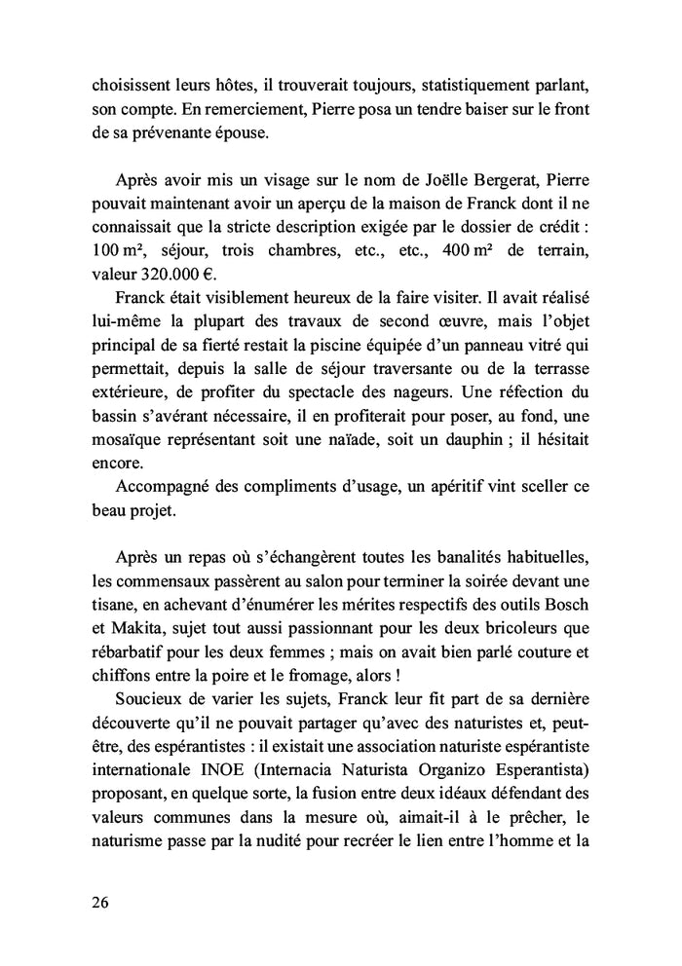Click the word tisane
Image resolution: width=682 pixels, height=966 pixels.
click(x=104, y=598)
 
